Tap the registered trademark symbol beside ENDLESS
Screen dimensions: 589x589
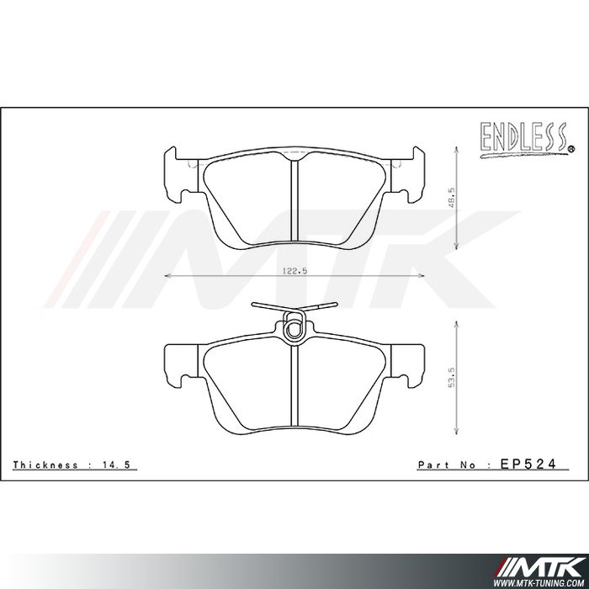point(571,150)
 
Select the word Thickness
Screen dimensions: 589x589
point(46,464)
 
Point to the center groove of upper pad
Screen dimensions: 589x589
point(293,200)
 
